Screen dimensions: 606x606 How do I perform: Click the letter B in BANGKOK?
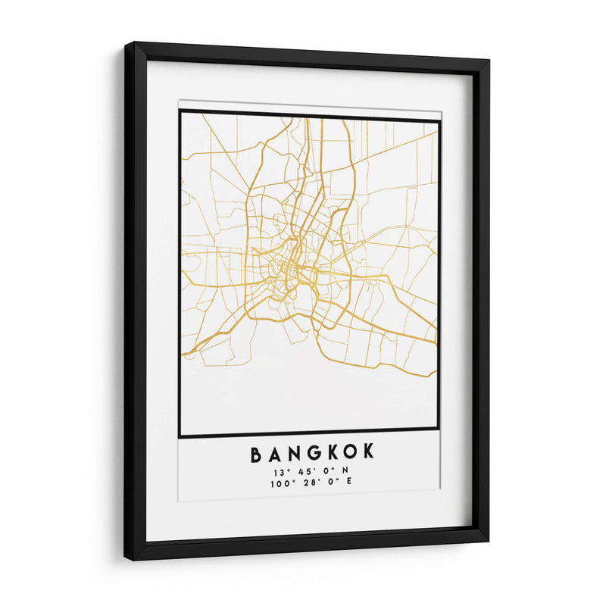pos(256,454)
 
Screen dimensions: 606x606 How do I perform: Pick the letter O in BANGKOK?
pos(351,454)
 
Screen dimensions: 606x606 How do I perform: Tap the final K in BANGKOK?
pos(369,454)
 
